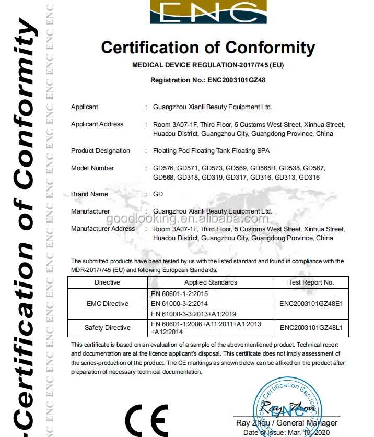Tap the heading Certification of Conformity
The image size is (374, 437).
point(208,48)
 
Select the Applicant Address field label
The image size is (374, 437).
point(97,124)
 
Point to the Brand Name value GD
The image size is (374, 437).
point(158,194)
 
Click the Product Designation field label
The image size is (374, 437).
point(100,151)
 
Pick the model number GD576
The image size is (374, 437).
point(163,168)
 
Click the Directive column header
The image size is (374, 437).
point(107,282)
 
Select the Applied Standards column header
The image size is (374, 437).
point(211,282)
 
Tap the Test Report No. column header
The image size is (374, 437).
point(311,282)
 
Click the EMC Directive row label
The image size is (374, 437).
point(107,304)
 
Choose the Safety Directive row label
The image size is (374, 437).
point(107,328)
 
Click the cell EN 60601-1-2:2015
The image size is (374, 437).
point(179,294)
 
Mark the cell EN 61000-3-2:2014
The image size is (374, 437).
point(179,304)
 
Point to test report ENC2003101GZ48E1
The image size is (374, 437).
point(311,304)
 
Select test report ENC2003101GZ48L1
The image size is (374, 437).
point(311,328)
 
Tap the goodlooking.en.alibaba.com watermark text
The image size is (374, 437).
point(208,219)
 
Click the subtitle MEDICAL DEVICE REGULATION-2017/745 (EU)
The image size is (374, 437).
point(208,65)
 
